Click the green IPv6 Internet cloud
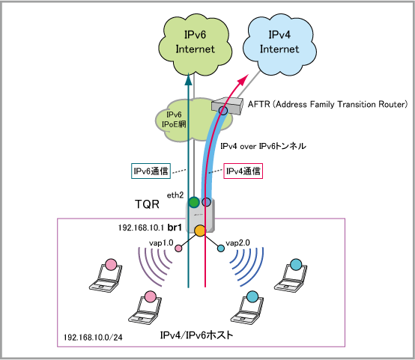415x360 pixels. [195, 43]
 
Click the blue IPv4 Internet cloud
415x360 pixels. [279, 43]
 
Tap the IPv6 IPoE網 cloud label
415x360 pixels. [174, 119]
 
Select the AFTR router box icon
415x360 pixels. [227, 106]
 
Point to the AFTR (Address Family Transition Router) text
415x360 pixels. [327, 104]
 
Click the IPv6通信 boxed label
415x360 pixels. [151, 171]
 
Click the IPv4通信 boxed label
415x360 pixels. [243, 171]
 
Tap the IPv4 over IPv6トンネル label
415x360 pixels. [263, 146]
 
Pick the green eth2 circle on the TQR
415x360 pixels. [194, 202]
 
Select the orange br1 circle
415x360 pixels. [200, 231]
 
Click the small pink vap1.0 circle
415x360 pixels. [178, 248]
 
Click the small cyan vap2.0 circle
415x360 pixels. [221, 248]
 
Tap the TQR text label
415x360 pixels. [147, 204]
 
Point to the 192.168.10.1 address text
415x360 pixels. [142, 228]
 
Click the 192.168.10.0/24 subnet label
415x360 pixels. [93, 338]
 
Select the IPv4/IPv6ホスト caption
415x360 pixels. [197, 335]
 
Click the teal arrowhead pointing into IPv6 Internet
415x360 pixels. [189, 79]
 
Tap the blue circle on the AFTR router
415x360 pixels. [223, 110]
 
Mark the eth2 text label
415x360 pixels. [175, 195]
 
